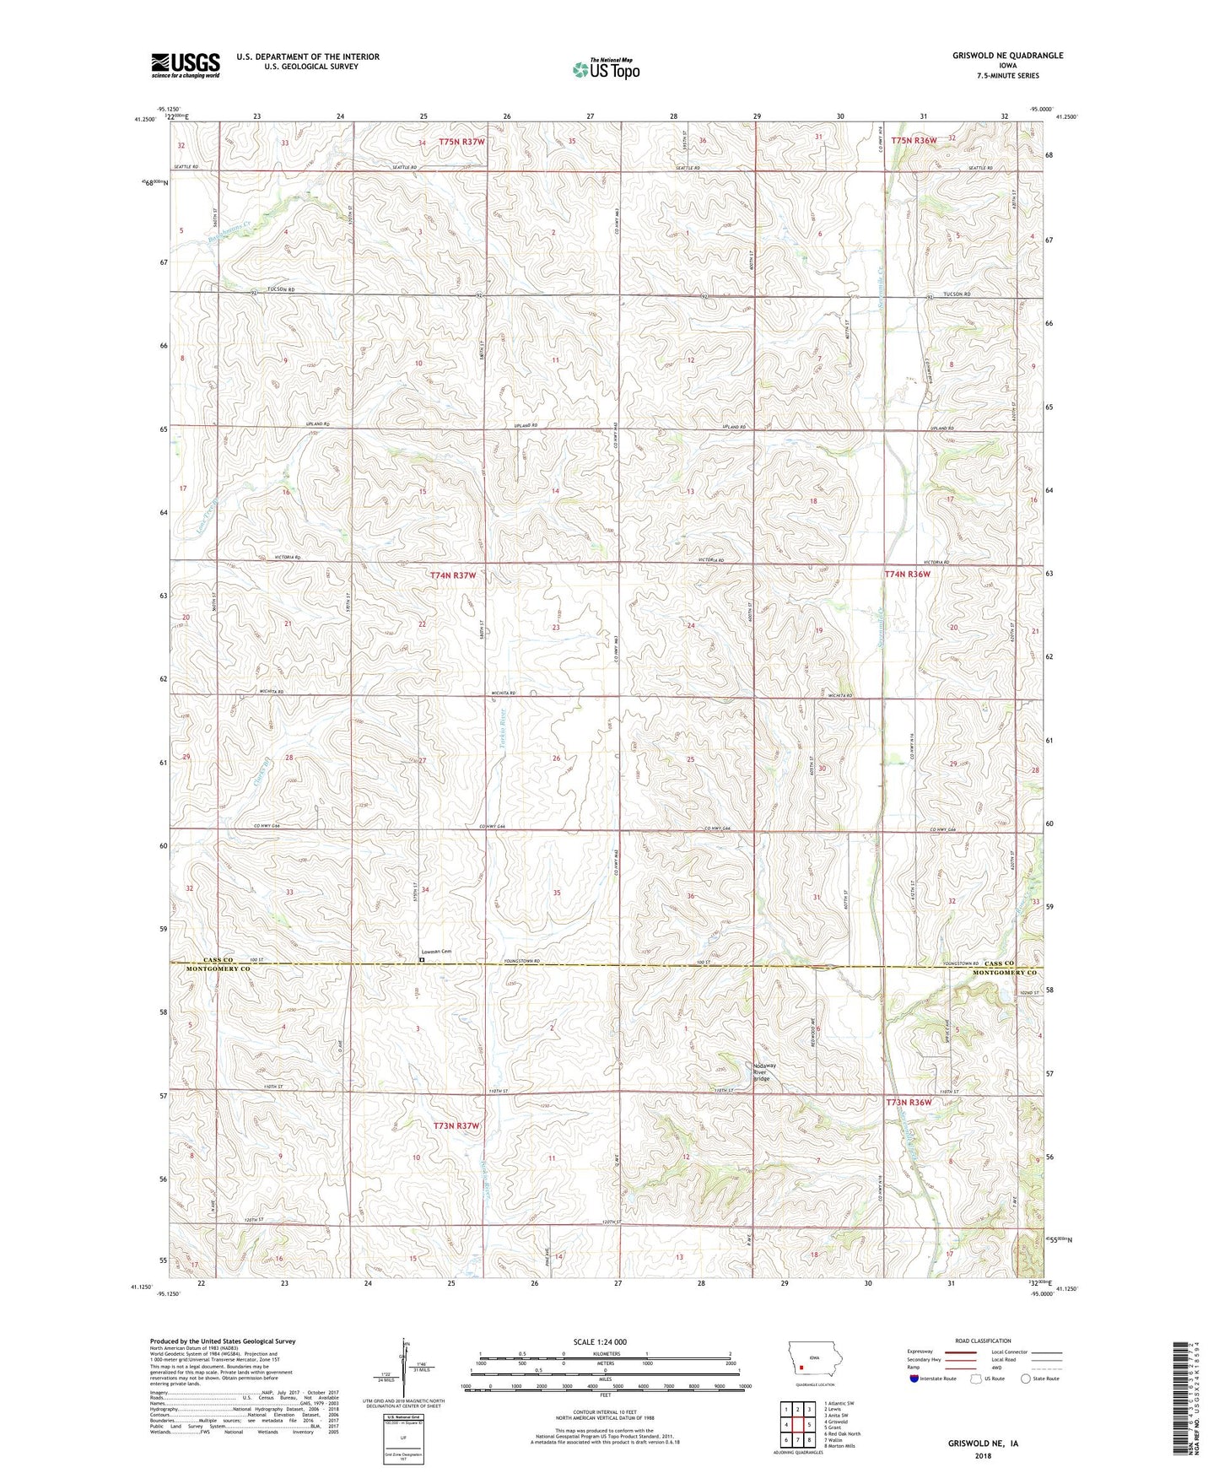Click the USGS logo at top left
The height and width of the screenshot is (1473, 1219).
click(186, 65)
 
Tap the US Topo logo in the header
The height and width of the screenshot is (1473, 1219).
click(605, 69)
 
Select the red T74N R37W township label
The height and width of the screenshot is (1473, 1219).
click(453, 575)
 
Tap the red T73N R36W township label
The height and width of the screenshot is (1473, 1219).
click(909, 1103)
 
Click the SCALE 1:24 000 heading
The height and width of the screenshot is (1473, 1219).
click(599, 1342)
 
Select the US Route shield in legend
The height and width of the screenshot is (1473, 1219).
click(976, 1379)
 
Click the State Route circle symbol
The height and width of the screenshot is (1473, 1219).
click(1026, 1379)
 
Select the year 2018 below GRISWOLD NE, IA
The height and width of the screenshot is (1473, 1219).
click(983, 1456)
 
